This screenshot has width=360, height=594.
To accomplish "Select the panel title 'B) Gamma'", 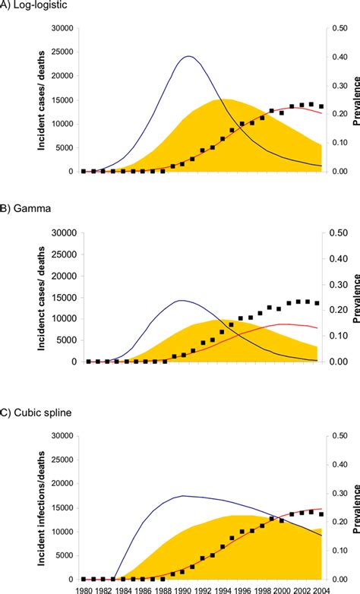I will (27, 206).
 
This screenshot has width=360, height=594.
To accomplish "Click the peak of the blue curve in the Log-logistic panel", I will (187, 56).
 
